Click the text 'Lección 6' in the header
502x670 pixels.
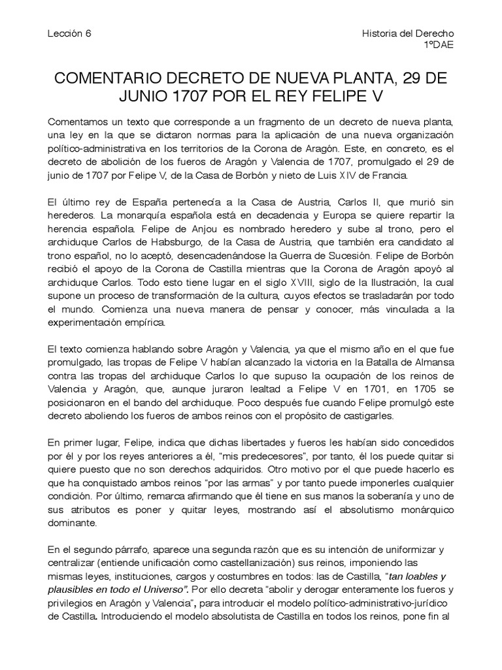pos(69,33)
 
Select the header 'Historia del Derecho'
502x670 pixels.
pos(408,33)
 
